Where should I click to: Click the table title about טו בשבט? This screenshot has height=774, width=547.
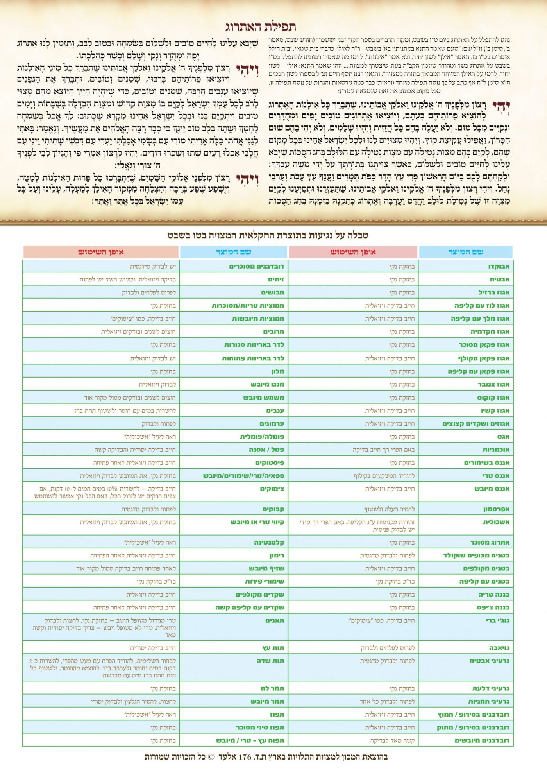268,235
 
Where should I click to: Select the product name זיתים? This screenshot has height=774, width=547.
276,279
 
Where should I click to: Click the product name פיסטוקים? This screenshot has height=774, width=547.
270,463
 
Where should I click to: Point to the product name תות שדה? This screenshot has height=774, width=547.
270,661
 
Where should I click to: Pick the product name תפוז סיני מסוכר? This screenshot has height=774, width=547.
260,727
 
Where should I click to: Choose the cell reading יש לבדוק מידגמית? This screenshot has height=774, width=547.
153,267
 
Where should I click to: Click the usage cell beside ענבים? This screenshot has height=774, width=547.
125,411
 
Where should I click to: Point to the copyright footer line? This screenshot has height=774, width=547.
266,757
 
